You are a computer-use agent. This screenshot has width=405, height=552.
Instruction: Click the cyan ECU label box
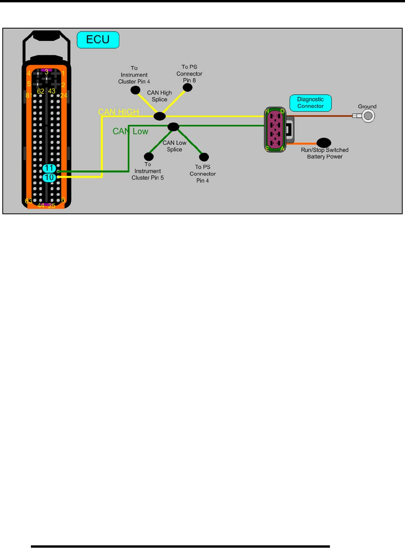[x=98, y=40]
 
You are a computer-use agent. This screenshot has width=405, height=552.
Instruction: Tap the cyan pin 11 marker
[x=49, y=168]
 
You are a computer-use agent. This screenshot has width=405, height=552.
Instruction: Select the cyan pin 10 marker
[x=49, y=177]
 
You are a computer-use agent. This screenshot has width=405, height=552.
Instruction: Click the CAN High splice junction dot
[x=159, y=116]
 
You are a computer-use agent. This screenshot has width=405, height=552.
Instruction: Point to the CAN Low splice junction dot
[x=173, y=127]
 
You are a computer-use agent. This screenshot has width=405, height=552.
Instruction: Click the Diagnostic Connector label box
[x=310, y=103]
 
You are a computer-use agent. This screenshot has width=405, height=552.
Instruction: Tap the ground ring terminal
[x=367, y=116]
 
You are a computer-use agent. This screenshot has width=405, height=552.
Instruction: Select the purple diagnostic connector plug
[x=276, y=129]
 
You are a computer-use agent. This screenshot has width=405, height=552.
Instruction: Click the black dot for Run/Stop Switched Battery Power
[x=324, y=143]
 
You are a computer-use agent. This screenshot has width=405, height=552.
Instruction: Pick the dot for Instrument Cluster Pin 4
[x=135, y=90]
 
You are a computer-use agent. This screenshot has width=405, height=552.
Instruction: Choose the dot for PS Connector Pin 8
[x=188, y=88]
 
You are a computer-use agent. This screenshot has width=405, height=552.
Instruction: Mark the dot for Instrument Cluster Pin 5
[x=149, y=157]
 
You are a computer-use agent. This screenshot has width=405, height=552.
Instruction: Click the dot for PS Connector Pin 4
[x=204, y=157]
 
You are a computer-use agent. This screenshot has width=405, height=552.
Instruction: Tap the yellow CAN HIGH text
[x=118, y=112]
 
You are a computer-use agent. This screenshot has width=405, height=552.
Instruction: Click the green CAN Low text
[x=130, y=131]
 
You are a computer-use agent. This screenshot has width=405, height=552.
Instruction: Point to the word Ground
[x=367, y=106]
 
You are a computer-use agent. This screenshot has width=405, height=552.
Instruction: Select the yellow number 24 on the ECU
[x=64, y=95]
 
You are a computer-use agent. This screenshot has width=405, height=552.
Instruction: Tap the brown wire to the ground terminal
[x=321, y=116]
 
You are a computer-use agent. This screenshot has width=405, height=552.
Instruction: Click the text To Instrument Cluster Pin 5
[x=148, y=171]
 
